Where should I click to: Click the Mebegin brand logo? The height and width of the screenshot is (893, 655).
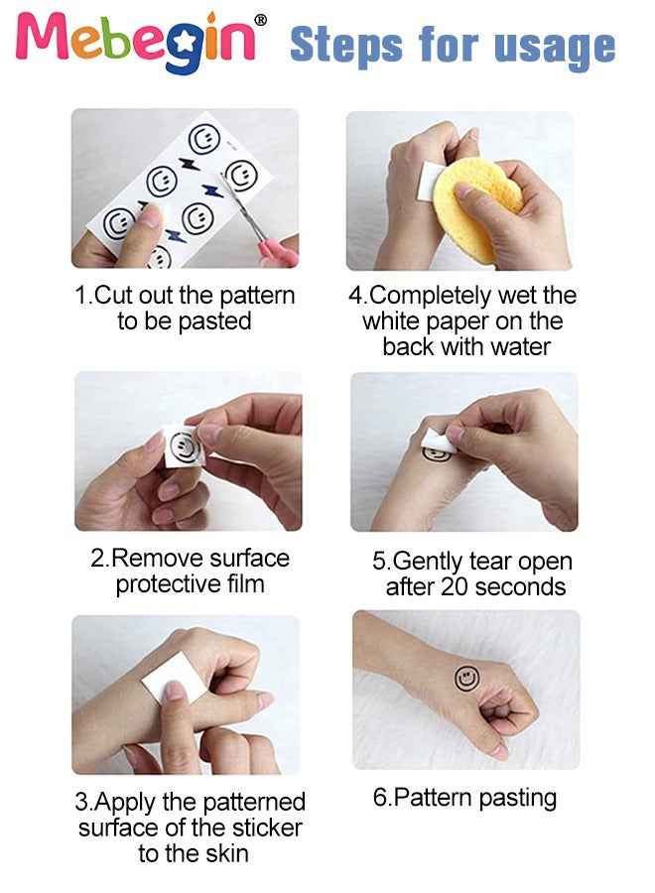140,39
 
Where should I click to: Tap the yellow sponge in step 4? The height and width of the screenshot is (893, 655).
475,207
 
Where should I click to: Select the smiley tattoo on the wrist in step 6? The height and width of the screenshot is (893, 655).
467,678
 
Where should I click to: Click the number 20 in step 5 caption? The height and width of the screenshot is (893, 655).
454,586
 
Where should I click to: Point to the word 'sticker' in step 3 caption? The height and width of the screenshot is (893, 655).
267,827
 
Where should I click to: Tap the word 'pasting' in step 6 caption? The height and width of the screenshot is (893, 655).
517,798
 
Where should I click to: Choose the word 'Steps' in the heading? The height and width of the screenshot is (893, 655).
345,46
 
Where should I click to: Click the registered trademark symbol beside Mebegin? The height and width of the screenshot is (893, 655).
260,20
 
